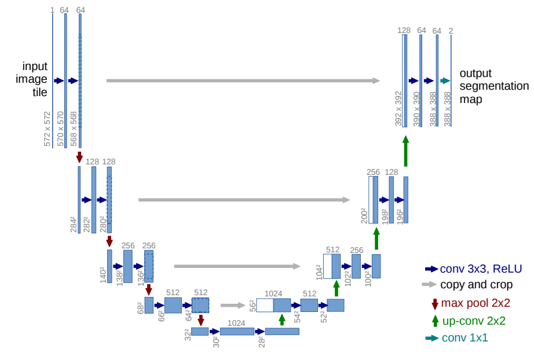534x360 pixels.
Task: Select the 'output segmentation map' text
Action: tap(493, 86)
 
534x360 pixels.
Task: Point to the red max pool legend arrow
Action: tap(435, 303)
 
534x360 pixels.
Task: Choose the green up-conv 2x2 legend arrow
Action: tap(435, 320)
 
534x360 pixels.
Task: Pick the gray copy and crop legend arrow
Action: tap(429, 285)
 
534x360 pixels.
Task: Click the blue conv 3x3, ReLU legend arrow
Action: tap(431, 269)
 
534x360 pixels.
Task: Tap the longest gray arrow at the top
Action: tap(243, 80)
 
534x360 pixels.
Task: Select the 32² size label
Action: tap(188, 334)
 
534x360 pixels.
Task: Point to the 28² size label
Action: tap(261, 342)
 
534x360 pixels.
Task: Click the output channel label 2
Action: tap(451, 30)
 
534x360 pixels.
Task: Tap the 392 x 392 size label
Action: tap(398, 108)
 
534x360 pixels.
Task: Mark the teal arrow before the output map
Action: tap(445, 81)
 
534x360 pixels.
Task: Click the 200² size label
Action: tap(364, 215)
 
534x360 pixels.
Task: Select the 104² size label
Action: tap(319, 272)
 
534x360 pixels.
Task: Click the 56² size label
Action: tap(252, 306)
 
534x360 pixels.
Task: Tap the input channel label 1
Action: tap(52, 10)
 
